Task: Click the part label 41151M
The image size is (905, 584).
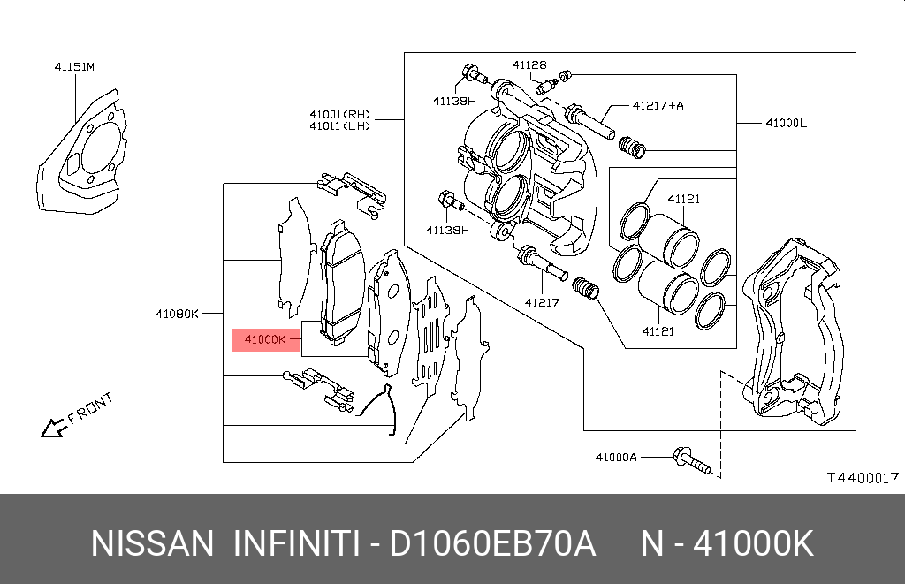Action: click(74, 67)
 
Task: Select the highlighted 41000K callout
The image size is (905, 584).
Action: click(266, 340)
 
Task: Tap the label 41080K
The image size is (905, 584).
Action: click(177, 314)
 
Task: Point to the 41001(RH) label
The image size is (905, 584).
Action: click(340, 114)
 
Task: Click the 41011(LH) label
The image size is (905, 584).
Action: click(340, 125)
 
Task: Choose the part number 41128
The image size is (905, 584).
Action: click(529, 65)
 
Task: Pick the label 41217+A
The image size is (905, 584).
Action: click(658, 106)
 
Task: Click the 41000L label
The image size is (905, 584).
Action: click(786, 123)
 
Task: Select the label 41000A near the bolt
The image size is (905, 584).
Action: click(616, 458)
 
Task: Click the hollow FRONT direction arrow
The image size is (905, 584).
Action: click(52, 429)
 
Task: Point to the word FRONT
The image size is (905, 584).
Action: click(90, 408)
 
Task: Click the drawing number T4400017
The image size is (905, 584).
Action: click(863, 478)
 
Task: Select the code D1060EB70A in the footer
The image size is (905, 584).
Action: click(492, 543)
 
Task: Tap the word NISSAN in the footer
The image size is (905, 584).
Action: click(152, 543)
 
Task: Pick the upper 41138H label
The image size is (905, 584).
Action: click(454, 102)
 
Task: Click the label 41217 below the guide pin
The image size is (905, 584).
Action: click(542, 302)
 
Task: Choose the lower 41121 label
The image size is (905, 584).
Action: click(658, 332)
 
